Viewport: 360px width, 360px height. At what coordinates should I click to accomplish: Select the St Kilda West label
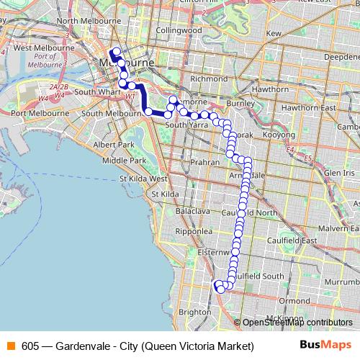click(x=144, y=178)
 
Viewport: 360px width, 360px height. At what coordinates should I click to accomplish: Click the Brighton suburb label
click(x=195, y=312)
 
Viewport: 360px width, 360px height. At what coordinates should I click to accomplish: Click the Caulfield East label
click(x=299, y=240)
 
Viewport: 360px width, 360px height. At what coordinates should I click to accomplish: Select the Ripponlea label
click(x=193, y=232)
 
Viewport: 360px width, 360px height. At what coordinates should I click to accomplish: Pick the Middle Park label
click(x=124, y=160)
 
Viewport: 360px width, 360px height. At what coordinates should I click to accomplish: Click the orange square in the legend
click(x=9, y=346)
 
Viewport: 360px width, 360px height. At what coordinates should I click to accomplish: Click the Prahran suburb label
click(x=206, y=163)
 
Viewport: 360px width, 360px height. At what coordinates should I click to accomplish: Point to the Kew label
click(x=274, y=33)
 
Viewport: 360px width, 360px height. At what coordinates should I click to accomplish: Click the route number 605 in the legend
click(x=31, y=346)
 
